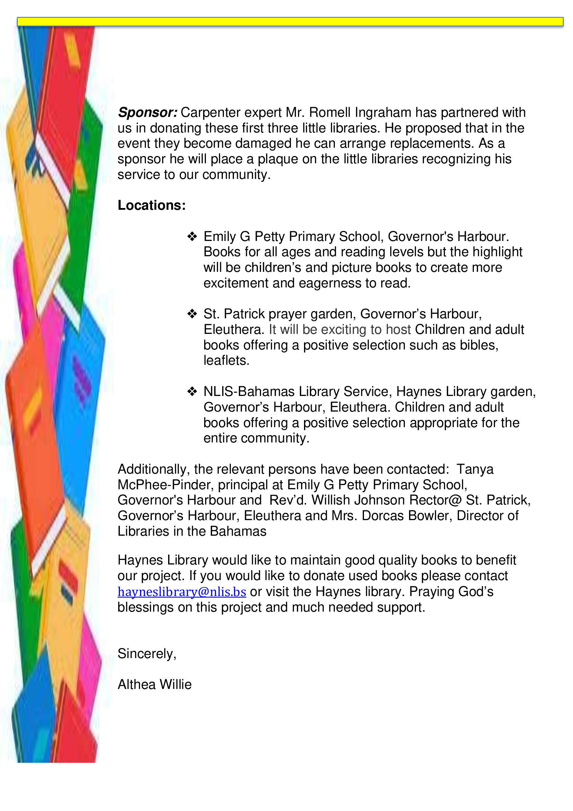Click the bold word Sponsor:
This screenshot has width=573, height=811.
coord(148,113)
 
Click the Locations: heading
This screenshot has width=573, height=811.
coord(151,205)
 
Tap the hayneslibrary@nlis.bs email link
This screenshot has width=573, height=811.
coord(182,592)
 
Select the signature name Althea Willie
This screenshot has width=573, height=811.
coord(154,684)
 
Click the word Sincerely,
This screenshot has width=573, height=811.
coord(147,654)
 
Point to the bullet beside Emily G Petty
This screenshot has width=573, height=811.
coord(192,236)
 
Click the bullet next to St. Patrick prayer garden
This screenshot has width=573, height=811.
coord(192,314)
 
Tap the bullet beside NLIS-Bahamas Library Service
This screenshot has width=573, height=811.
coord(192,391)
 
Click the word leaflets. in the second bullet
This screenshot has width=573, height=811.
coord(226,360)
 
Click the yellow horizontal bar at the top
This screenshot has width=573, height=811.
coord(289,21)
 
